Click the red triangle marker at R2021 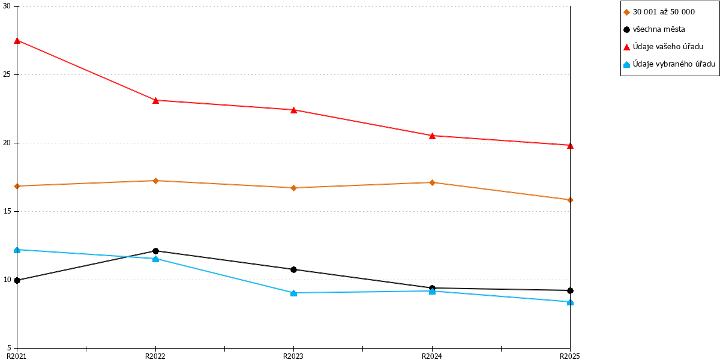[x=17, y=41]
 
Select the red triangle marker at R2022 [x=155, y=101]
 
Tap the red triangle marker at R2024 [x=432, y=136]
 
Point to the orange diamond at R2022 [x=155, y=181]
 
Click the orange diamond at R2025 [x=570, y=200]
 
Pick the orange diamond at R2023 [x=293, y=188]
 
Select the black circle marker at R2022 [x=155, y=251]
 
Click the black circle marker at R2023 [x=293, y=269]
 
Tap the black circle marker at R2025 [x=570, y=290]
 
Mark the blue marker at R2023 [x=293, y=293]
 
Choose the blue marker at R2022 [x=155, y=259]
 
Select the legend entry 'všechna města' [x=654, y=29]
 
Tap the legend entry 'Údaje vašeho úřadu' [x=664, y=47]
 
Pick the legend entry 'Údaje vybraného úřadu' [x=669, y=64]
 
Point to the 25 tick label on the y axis [x=7, y=74]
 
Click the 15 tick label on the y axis [x=7, y=211]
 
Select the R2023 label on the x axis [x=293, y=356]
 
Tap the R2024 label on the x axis [x=431, y=356]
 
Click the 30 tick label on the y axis [x=7, y=6]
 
